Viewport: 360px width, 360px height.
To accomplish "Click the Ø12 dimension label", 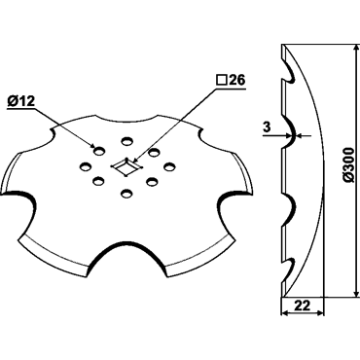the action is point(20,102).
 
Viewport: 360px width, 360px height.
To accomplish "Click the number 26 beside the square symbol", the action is point(236,81).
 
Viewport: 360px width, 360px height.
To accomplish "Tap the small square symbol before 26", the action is point(221,81).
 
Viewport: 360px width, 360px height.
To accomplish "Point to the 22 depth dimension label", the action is point(302,306).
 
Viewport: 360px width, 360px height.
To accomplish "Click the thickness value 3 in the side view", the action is point(267,127).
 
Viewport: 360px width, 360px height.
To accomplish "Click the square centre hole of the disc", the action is point(126,167).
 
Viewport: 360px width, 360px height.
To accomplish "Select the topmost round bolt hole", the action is point(127,141).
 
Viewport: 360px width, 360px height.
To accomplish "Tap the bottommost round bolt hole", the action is point(126,195).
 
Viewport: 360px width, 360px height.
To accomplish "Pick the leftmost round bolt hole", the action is point(86,166).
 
